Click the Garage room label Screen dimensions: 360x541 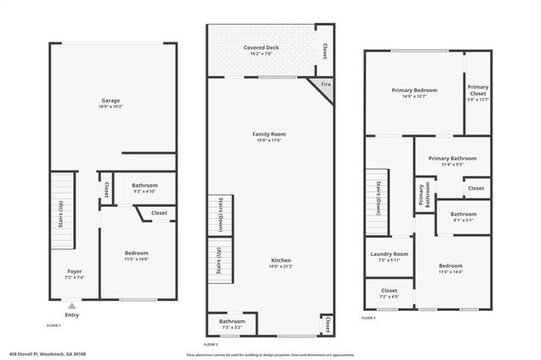point(111,101)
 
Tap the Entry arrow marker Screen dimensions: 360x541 point(72,307)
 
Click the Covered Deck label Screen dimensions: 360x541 point(261,47)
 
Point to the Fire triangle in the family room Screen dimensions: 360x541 point(323,85)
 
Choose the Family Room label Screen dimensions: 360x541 point(269,134)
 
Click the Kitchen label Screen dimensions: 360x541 point(269,259)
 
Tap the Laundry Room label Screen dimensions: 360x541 point(390,254)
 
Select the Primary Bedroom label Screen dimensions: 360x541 point(413,90)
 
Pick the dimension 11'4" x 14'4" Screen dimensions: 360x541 point(451,272)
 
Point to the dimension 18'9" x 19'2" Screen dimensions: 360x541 point(111,107)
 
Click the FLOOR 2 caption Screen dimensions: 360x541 point(211,345)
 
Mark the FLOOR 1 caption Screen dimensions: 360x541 point(54,325)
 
